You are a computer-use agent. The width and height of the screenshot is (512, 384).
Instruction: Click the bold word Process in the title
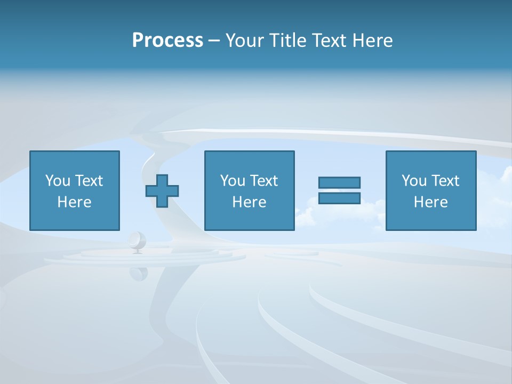(x=167, y=41)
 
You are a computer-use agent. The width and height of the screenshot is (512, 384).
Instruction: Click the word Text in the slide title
(x=327, y=41)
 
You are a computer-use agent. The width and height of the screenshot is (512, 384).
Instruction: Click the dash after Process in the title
(x=214, y=41)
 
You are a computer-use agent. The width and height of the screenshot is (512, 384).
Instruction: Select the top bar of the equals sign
(x=339, y=182)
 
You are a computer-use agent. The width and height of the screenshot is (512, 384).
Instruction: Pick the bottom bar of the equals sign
(x=339, y=198)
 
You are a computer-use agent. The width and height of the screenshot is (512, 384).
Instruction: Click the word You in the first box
(x=57, y=181)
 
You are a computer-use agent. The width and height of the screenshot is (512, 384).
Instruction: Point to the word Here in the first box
(x=74, y=202)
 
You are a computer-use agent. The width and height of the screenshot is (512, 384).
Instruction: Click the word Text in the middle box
(x=263, y=181)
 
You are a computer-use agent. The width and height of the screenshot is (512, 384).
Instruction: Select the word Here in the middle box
(x=249, y=202)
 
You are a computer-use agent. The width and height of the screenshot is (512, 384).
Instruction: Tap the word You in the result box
(x=413, y=181)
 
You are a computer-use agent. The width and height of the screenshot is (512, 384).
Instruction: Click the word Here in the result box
(x=430, y=202)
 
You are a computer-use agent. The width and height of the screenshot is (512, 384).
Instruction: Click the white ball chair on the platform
(x=137, y=241)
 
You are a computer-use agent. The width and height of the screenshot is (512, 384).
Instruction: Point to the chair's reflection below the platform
(x=138, y=273)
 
